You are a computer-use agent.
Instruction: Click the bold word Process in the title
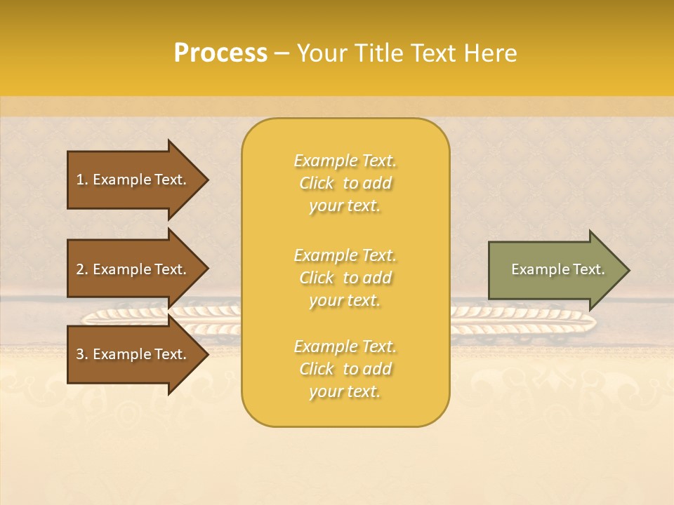click(x=220, y=53)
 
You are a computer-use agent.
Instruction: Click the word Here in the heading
click(x=490, y=53)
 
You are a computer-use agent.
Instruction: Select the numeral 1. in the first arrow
click(x=81, y=180)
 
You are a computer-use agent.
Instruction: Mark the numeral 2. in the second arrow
click(x=81, y=269)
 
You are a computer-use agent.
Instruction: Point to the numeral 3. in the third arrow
click(x=81, y=354)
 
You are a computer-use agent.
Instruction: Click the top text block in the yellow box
click(x=345, y=183)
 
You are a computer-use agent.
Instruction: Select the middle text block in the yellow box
click(x=345, y=278)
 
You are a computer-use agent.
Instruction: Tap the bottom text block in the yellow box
click(x=345, y=369)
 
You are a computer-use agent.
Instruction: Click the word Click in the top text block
click(x=317, y=183)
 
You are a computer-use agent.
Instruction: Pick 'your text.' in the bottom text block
click(x=345, y=391)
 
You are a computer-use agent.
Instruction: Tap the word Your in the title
click(x=322, y=53)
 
